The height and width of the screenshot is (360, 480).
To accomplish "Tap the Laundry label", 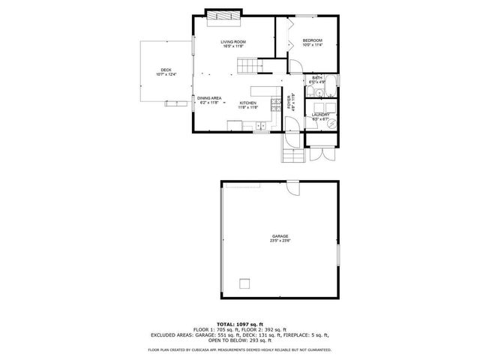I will (x=321, y=116).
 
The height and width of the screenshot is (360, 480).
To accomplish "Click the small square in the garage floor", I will (x=244, y=283).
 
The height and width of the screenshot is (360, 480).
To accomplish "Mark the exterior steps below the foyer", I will (x=292, y=155).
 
